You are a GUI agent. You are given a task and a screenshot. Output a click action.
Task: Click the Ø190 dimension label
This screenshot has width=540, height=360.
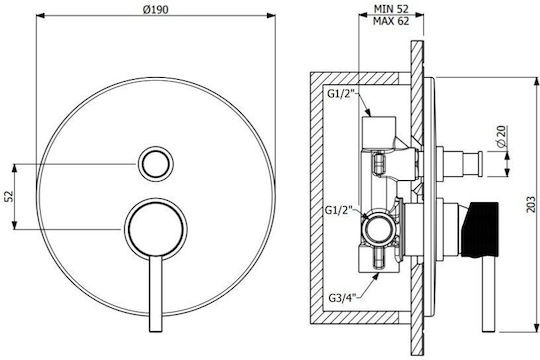coord(156,9)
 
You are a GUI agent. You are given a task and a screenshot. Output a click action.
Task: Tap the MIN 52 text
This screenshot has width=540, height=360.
coord(391,9)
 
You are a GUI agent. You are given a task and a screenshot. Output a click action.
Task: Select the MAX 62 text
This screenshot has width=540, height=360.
coord(391,21)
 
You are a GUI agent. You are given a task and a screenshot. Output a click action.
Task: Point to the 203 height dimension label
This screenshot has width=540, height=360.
coord(531,204)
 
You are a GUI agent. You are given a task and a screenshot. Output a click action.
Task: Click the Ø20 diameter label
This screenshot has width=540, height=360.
coord(502,136)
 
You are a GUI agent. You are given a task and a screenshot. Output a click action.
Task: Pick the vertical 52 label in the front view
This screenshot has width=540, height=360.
coord(8,196)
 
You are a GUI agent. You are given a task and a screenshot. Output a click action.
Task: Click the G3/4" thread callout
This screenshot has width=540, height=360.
coord(342,297)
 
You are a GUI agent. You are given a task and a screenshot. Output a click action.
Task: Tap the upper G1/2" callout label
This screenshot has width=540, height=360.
coord(341,94)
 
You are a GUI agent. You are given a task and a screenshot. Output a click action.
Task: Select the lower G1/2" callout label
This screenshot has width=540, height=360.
coord(339,209)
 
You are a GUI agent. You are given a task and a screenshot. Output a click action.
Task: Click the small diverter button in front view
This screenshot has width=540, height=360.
coord(156,164)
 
